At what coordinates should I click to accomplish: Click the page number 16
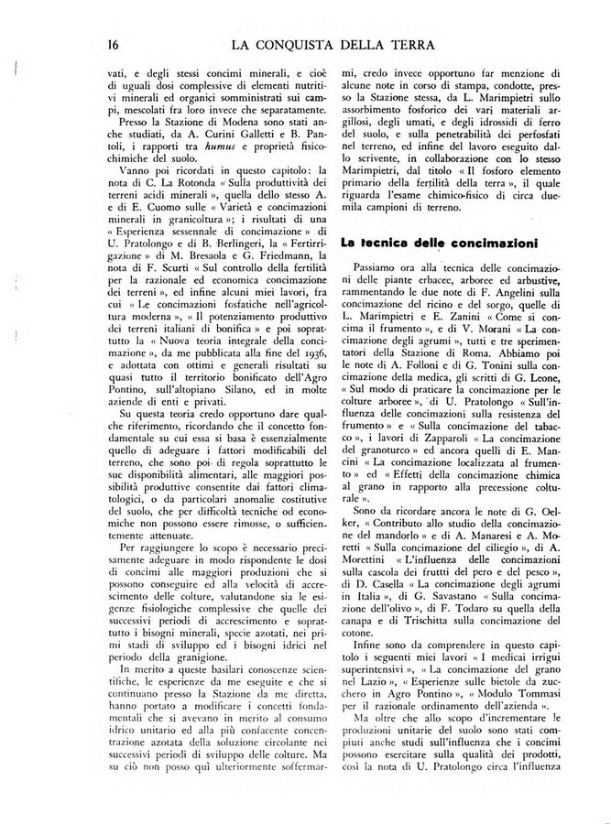tap(113, 43)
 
